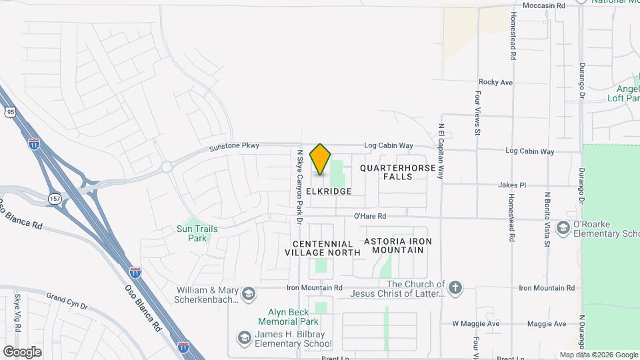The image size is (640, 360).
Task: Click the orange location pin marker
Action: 321,159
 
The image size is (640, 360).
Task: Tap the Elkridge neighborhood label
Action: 328,191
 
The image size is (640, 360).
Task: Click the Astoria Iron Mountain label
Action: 398,245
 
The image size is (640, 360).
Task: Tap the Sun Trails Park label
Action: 197,233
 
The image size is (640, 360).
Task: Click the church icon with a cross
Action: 455,288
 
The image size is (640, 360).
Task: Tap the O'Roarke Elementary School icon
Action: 563,228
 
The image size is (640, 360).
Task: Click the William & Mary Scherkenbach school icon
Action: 248,294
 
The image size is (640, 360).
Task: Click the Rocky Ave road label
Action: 495,82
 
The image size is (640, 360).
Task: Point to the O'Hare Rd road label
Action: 370,216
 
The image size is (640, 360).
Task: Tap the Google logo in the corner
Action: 22,351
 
